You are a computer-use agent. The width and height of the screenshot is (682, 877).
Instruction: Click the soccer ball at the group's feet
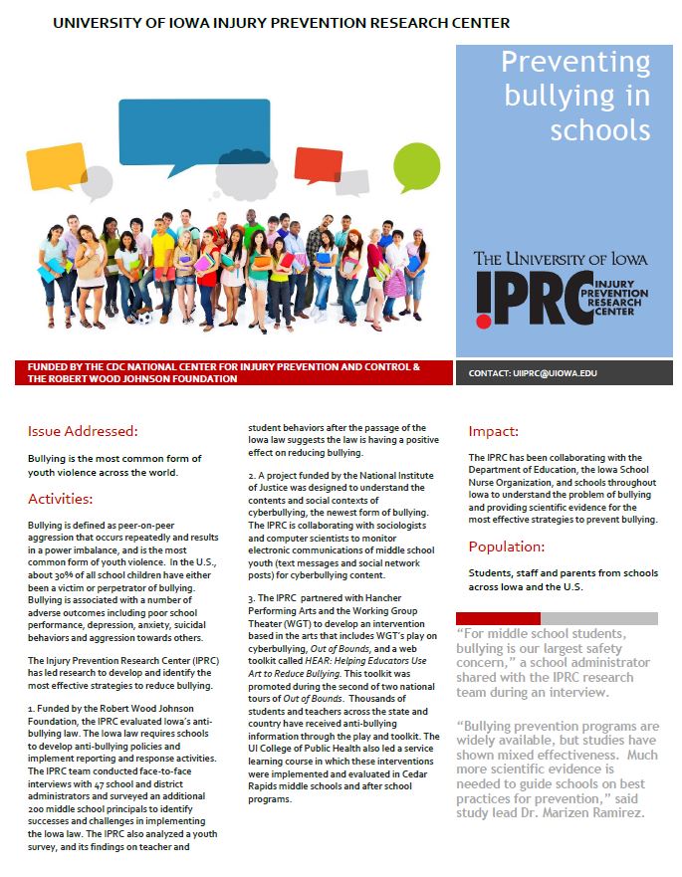(x=146, y=319)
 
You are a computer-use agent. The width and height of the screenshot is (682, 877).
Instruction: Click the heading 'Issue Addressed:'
(x=83, y=431)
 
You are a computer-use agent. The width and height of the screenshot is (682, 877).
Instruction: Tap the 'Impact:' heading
(x=494, y=431)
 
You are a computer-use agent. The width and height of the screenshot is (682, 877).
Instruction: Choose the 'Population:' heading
(x=507, y=547)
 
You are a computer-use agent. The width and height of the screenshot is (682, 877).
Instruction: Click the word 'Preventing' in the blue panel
(x=575, y=64)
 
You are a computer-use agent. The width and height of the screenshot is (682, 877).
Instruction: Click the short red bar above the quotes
(x=498, y=618)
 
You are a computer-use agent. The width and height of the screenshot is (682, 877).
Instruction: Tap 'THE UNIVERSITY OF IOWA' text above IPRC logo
(x=561, y=259)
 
